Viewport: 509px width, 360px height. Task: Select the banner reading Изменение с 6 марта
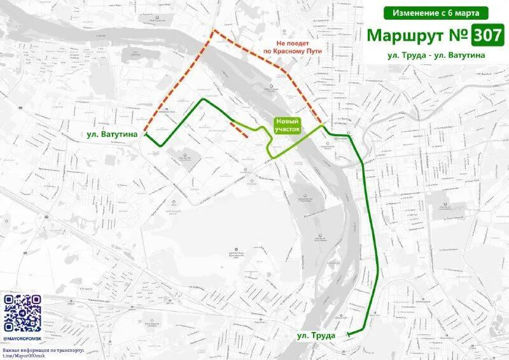click(x=436, y=13)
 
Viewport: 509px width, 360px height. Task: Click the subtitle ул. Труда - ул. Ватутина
click(x=436, y=55)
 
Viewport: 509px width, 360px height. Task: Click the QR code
click(x=22, y=314)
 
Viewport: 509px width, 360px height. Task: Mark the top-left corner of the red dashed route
click(x=214, y=31)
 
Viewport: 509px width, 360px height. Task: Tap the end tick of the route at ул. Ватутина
click(x=146, y=135)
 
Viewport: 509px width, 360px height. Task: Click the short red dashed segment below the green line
click(x=239, y=128)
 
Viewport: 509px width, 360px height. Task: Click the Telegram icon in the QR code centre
click(x=22, y=314)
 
